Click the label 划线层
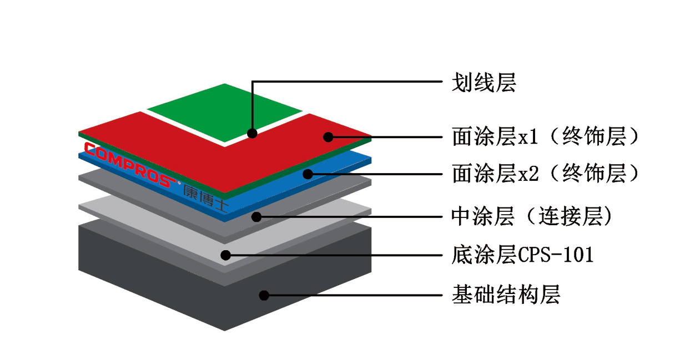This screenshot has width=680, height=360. (483, 83)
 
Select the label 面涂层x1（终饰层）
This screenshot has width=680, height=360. (546, 136)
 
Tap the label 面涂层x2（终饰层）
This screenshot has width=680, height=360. (546, 174)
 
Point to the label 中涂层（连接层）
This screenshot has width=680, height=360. (532, 216)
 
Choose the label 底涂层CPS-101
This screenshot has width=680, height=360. (522, 255)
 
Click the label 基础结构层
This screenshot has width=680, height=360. (506, 294)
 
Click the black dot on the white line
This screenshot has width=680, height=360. (252, 133)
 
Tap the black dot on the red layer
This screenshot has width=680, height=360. (328, 137)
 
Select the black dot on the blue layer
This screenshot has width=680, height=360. (308, 174)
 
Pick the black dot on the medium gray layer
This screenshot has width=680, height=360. (256, 216)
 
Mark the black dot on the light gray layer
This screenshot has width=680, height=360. (225, 255)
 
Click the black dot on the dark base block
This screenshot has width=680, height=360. (264, 295)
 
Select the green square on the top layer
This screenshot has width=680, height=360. (224, 113)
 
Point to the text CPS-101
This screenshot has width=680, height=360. (556, 255)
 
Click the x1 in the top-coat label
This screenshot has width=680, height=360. (528, 137)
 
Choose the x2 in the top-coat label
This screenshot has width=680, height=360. (528, 174)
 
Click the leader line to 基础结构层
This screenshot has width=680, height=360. (353, 295)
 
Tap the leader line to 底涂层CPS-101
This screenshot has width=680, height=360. (334, 255)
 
